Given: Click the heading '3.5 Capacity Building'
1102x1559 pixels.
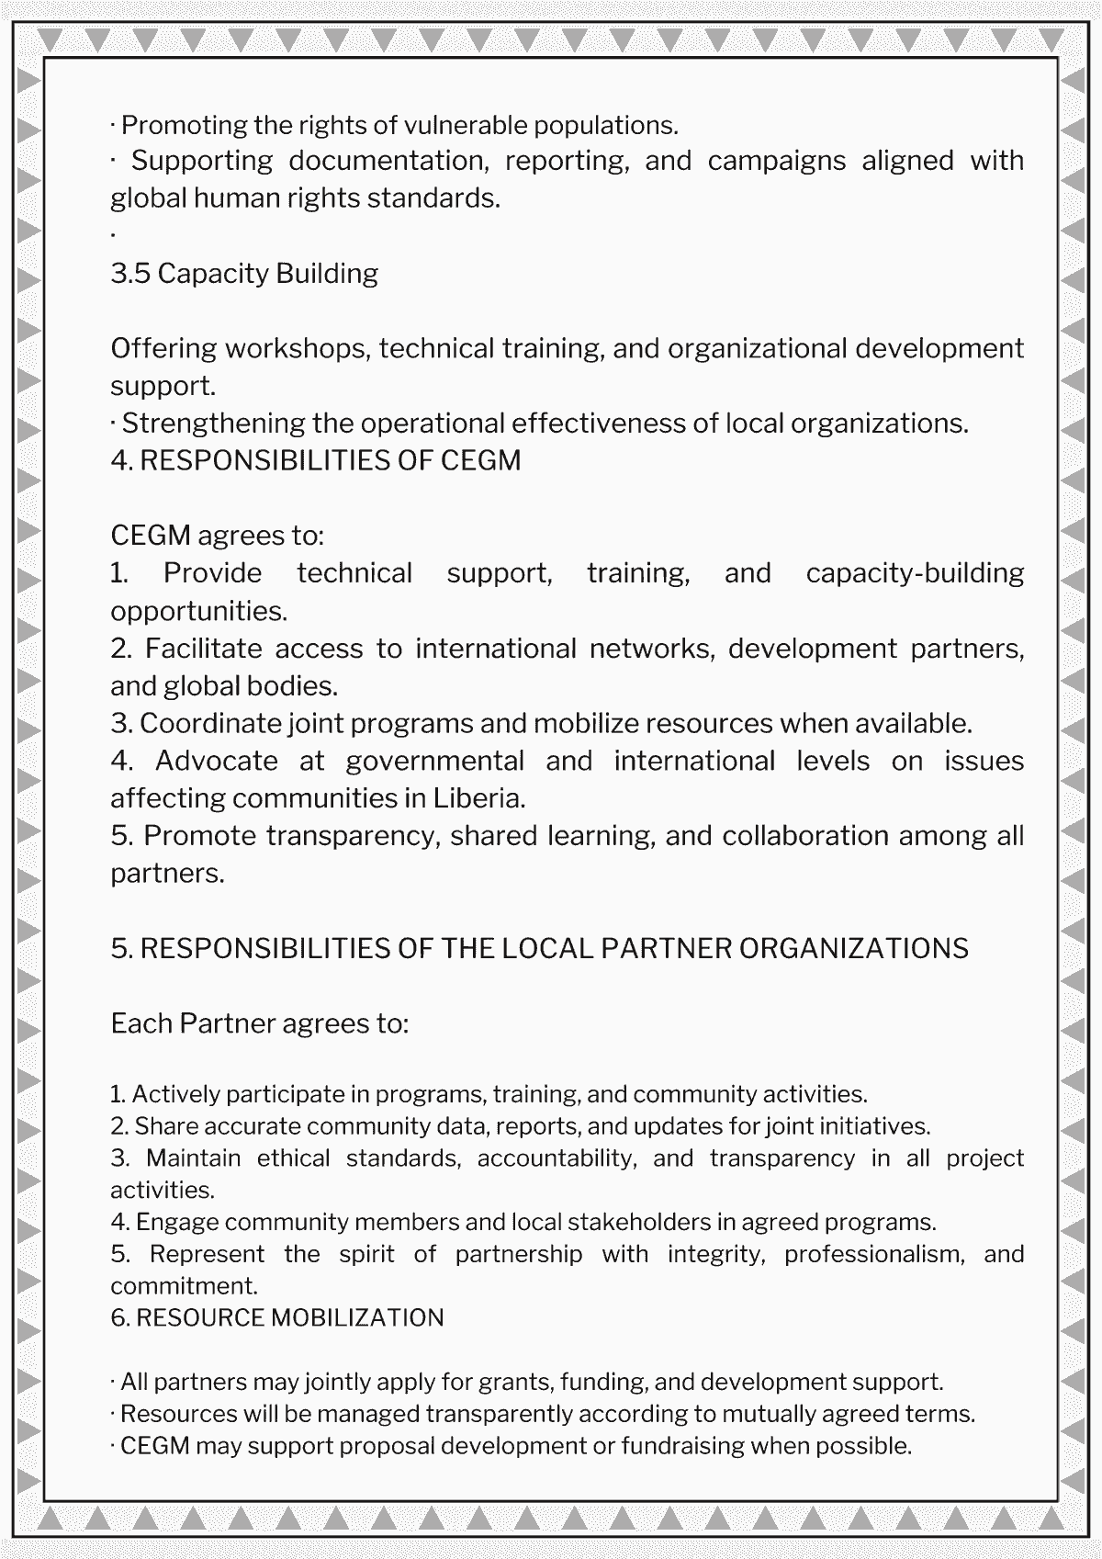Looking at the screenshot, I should tap(244, 274).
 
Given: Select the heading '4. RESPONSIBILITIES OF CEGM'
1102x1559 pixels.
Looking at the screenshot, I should tap(315, 460).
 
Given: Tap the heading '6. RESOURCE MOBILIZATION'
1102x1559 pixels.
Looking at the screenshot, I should tap(276, 1317).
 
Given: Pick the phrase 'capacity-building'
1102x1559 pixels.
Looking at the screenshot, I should tap(915, 573).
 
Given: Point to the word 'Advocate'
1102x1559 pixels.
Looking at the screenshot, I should tap(217, 762).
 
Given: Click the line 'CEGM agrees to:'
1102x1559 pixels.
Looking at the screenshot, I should tap(217, 536).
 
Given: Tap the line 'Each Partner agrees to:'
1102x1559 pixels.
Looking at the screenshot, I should tap(259, 1023).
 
